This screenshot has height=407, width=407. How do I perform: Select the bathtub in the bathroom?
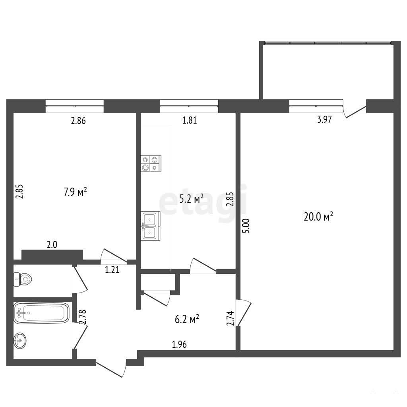(41, 313)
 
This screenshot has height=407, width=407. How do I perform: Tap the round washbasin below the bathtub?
(20, 340)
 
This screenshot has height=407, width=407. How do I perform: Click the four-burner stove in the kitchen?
(151, 163)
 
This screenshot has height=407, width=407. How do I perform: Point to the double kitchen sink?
(151, 226)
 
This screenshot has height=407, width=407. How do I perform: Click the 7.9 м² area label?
(75, 192)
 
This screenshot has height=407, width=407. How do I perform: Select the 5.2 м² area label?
(191, 199)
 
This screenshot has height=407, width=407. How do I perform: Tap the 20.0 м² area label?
(318, 217)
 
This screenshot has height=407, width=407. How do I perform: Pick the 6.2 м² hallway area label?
(187, 319)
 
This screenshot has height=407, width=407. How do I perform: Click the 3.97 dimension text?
(324, 119)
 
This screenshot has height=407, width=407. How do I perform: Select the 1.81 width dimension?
(190, 120)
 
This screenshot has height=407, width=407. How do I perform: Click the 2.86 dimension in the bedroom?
(78, 121)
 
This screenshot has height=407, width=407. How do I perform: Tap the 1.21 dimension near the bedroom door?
(112, 270)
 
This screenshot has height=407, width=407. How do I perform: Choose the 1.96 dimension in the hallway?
(179, 345)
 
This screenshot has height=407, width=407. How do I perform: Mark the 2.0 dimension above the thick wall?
(52, 244)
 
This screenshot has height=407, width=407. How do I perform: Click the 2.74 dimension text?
(230, 318)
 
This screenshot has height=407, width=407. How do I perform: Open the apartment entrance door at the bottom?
(111, 368)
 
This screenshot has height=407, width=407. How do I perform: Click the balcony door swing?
(355, 109)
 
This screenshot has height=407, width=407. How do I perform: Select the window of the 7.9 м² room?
(74, 106)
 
